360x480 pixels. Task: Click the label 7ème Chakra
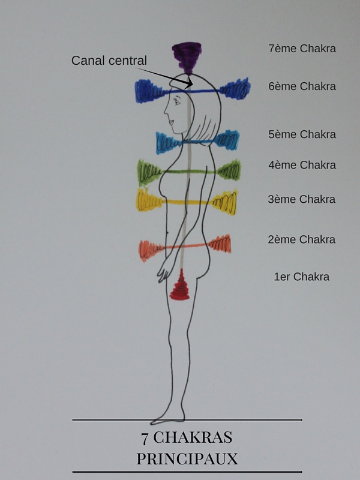pyautogui.click(x=302, y=49)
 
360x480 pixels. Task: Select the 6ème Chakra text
pyautogui.click(x=302, y=86)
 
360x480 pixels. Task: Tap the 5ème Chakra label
pyautogui.click(x=302, y=134)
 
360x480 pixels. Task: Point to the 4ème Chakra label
pyautogui.click(x=302, y=165)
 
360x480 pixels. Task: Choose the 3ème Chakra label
pyautogui.click(x=302, y=199)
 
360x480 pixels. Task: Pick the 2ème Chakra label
pyautogui.click(x=302, y=239)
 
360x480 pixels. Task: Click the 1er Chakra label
pyautogui.click(x=301, y=277)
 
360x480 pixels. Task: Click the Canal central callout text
pyautogui.click(x=109, y=61)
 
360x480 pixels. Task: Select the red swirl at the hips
pyautogui.click(x=179, y=286)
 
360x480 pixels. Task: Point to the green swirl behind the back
pyautogui.click(x=229, y=170)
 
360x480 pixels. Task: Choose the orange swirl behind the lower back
pyautogui.click(x=220, y=244)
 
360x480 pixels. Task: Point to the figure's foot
pyautogui.click(x=166, y=418)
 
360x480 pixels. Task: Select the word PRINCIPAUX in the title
pyautogui.click(x=187, y=459)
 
